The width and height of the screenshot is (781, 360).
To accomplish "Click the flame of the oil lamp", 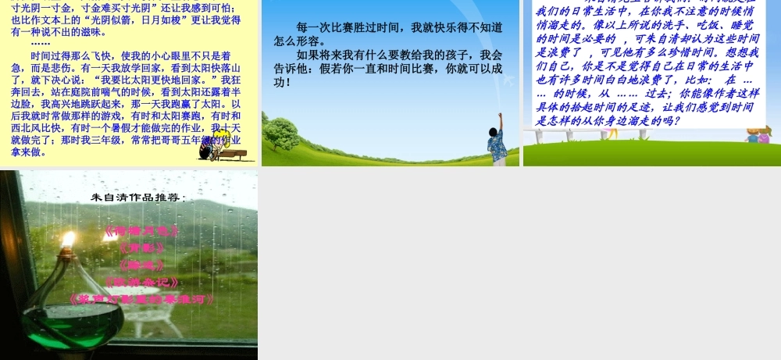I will click(68, 239).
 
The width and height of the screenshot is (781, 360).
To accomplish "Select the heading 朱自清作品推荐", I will click(138, 198).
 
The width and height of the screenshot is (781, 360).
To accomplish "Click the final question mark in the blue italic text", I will click(676, 121).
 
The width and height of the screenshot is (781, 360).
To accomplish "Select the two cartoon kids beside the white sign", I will click(757, 137).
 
